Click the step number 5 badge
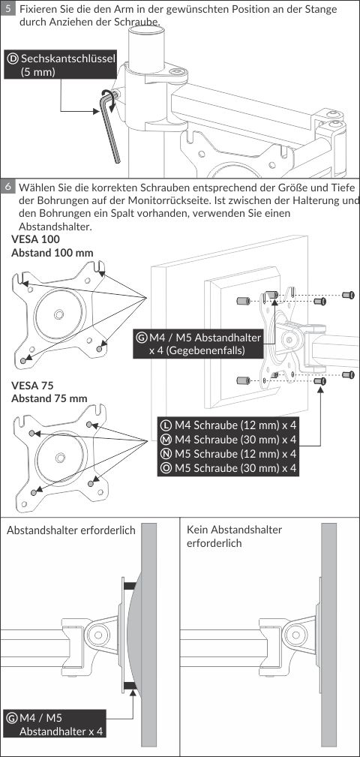pyautogui.click(x=8, y=11)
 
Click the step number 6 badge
pyautogui.click(x=8, y=187)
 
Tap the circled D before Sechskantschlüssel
pyautogui.click(x=13, y=59)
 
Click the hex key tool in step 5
pyautogui.click(x=109, y=125)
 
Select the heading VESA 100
pyautogui.click(x=36, y=240)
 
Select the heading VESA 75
pyautogui.click(x=32, y=386)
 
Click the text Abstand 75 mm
pyautogui.click(x=49, y=399)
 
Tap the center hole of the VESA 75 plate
pyautogui.click(x=60, y=457)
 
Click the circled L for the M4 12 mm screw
pyautogui.click(x=166, y=425)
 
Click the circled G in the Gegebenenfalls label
pyautogui.click(x=142, y=338)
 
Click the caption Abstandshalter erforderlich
pyautogui.click(x=71, y=530)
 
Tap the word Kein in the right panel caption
pyautogui.click(x=197, y=530)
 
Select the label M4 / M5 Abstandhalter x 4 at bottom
pyautogui.click(x=55, y=724)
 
